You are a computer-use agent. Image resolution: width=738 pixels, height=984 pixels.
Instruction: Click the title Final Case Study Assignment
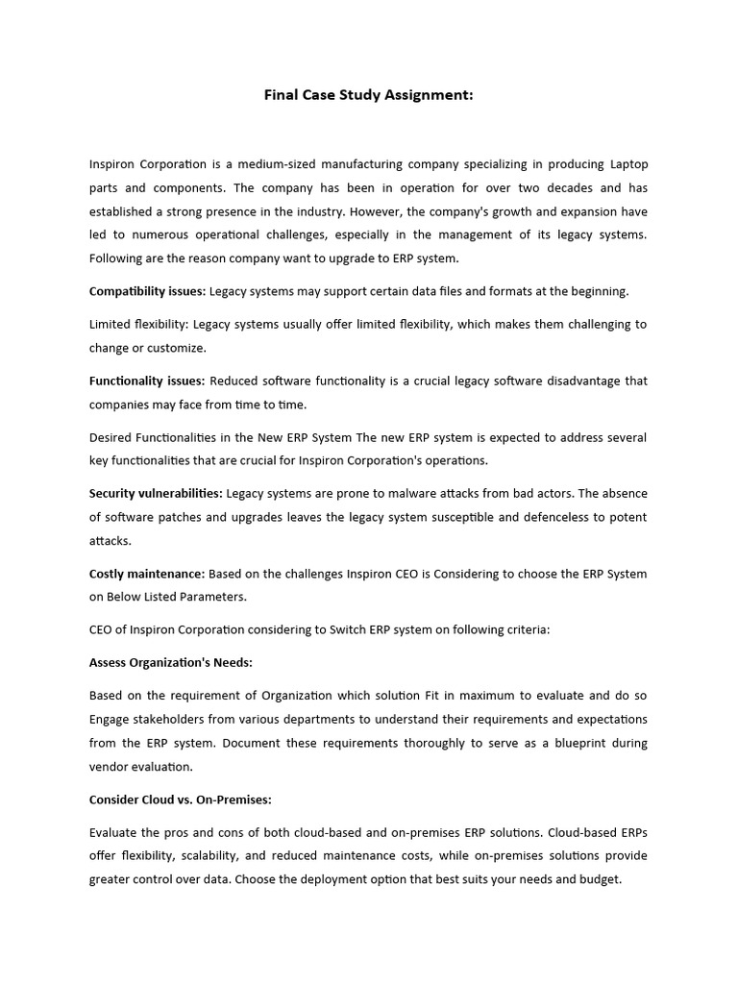(368, 95)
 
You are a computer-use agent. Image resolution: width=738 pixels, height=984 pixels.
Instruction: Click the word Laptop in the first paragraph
(628, 164)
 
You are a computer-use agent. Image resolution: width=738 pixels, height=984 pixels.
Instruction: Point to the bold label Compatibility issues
(147, 291)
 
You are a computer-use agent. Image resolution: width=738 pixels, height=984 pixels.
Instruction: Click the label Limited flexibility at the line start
(137, 325)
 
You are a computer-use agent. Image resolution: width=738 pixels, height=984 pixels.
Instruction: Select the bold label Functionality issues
(147, 381)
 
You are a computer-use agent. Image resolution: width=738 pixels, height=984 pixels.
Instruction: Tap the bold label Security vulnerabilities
(156, 494)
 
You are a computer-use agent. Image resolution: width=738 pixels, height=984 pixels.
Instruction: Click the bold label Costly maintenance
(147, 574)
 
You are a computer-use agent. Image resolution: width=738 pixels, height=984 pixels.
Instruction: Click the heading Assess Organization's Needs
(170, 663)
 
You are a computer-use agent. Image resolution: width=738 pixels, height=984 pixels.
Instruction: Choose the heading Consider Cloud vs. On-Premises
(178, 799)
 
